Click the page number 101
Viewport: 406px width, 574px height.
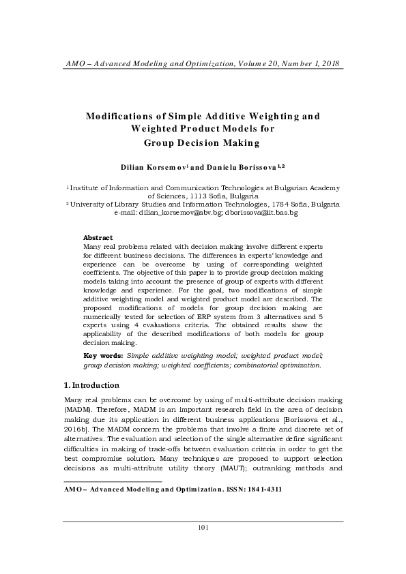(203, 546)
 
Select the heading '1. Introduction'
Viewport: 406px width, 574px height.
(91, 384)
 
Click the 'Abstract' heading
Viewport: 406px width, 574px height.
(98, 237)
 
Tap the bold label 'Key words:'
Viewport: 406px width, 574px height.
(103, 356)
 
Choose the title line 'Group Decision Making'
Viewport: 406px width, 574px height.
(203, 142)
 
